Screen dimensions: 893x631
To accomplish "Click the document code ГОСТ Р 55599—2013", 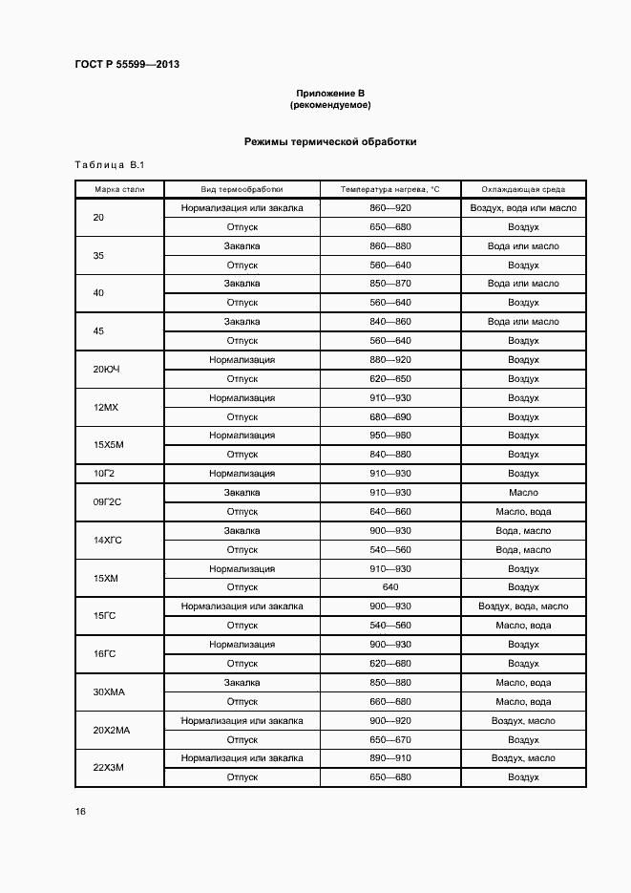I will [127, 64].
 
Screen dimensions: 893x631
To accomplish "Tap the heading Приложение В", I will [330, 93].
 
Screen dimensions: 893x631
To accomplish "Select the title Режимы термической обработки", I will [330, 141].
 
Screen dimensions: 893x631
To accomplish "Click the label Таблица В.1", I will [109, 165].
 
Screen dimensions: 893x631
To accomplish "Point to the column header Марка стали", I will [119, 189].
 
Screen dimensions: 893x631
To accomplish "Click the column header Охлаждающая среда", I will [523, 189].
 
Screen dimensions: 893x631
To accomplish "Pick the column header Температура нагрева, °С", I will [389, 189].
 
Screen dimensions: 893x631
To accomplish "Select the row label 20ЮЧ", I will [107, 369].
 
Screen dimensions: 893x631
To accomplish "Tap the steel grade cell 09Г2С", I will [107, 502].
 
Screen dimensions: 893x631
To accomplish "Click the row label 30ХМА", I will [107, 691].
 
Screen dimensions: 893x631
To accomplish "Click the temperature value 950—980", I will [389, 436].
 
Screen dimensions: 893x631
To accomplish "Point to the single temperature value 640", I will [389, 587].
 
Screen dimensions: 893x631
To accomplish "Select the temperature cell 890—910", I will [389, 758].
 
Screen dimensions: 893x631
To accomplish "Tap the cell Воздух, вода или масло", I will [523, 208].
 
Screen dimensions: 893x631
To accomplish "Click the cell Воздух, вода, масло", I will [523, 606].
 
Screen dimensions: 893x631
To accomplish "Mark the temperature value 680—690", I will [389, 416].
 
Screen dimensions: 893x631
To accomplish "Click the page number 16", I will [80, 812].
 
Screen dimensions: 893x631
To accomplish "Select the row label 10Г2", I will [104, 474].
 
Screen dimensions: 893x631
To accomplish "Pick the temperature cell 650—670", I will [389, 739].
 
